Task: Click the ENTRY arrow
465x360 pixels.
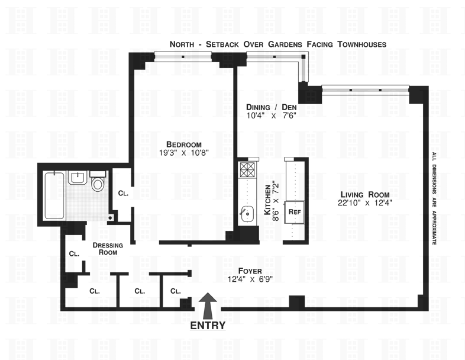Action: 208,306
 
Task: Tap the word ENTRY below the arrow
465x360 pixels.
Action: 208,326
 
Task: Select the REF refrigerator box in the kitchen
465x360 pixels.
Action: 295,212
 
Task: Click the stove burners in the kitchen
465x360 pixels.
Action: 247,169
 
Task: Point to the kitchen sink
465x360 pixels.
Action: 247,214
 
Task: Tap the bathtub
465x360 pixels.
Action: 54,195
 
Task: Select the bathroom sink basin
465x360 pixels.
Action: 77,178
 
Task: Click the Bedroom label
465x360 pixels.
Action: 184,144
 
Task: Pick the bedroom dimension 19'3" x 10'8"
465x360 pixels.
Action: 184,153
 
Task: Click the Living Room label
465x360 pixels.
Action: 365,195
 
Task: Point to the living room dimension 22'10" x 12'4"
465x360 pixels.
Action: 365,203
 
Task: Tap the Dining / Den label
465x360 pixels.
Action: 272,107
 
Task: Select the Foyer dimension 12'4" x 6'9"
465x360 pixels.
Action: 250,279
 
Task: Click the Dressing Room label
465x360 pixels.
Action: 108,249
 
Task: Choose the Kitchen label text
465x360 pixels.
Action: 267,200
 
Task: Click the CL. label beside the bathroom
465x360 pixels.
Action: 123,193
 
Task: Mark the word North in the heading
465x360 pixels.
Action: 182,44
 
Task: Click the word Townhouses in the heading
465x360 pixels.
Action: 362,44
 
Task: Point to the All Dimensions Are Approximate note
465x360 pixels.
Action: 434,198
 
